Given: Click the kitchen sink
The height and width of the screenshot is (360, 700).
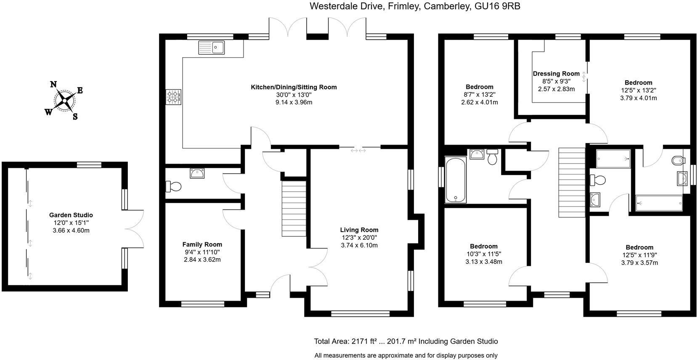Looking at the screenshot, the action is pos(212,48).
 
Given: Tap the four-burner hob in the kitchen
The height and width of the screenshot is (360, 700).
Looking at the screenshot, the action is pos(173,97).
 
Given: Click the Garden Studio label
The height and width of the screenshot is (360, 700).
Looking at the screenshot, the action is pos(71,215).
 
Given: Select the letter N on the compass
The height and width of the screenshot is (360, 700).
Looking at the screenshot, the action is pos(54,85).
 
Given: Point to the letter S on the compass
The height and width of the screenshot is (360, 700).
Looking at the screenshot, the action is pos(75,117).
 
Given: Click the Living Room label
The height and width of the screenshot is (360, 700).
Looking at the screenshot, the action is pos(359,230).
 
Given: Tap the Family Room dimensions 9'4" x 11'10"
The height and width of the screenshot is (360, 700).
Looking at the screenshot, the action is pos(202,252).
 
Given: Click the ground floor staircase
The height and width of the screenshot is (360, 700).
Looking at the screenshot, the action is pos(294,209).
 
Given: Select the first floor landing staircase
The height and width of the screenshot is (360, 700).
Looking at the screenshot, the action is pos(572,182).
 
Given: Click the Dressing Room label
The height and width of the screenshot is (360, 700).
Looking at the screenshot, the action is pos(556,74).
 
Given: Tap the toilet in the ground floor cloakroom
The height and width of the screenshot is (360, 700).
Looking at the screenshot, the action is pos(173,187).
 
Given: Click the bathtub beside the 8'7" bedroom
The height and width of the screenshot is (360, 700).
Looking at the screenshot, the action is pos(456,180).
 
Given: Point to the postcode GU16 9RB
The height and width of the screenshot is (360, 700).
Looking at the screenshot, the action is pos(497,6).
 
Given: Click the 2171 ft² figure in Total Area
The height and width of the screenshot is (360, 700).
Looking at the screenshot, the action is pos(364,341).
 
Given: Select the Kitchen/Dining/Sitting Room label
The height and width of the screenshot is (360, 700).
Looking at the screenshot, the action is pos(294,87).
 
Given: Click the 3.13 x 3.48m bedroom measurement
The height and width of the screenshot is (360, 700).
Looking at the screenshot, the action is pos(484,262).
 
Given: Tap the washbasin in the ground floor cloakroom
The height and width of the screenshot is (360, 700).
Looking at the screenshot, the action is pos(197,173).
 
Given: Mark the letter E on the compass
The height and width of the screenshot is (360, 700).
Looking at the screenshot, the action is pos(80,90).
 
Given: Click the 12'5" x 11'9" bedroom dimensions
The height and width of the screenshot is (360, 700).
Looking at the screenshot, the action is pos(639,255).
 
